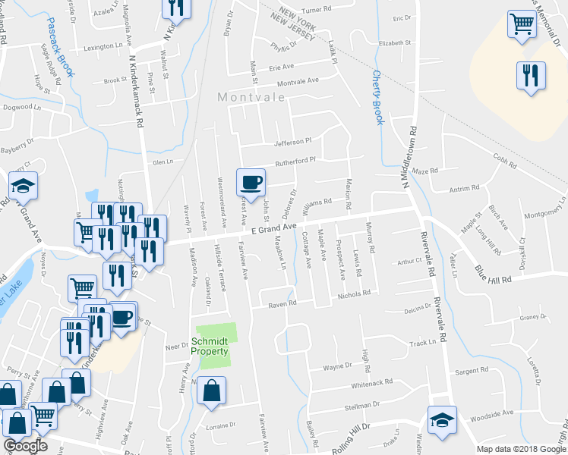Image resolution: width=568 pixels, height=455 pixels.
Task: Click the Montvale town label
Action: pyautogui.click(x=251, y=97)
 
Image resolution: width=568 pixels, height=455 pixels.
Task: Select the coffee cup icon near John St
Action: pyautogui.click(x=251, y=181)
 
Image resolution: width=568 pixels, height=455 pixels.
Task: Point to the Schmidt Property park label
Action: pyautogui.click(x=210, y=347)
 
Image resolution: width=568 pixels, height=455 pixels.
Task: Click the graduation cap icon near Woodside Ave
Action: pyautogui.click(x=440, y=420)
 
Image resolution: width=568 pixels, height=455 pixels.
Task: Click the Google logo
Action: pyautogui.click(x=25, y=446)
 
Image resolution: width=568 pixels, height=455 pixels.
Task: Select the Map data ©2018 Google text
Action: pyautogui.click(x=521, y=449)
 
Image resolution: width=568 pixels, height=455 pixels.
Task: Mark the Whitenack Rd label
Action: pyautogui.click(x=372, y=383)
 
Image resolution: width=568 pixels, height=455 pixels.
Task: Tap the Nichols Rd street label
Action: pyautogui.click(x=354, y=293)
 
